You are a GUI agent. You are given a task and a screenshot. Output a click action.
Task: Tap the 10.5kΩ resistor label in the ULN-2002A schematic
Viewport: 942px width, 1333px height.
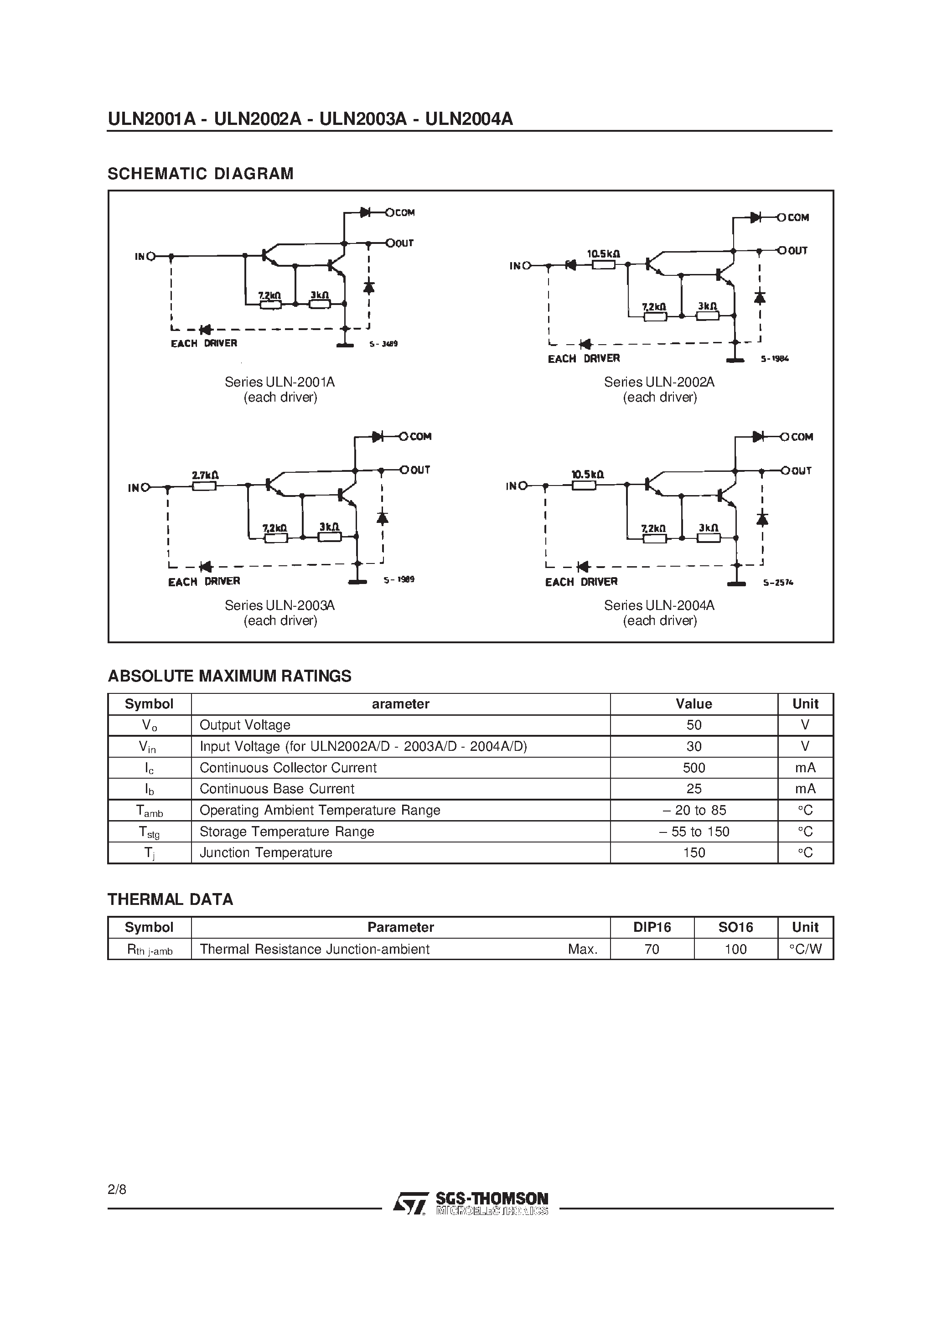click(603, 254)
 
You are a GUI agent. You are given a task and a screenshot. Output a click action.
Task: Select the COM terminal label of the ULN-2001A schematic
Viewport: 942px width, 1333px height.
click(405, 212)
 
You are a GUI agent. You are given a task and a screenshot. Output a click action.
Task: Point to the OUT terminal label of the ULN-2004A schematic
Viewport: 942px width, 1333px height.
click(802, 471)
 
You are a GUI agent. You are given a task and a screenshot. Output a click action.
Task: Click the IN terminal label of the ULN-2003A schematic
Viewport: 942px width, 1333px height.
click(134, 488)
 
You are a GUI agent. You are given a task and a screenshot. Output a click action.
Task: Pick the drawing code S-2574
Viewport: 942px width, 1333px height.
click(778, 582)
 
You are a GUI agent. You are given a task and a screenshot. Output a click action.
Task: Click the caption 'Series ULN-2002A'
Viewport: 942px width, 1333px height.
click(659, 382)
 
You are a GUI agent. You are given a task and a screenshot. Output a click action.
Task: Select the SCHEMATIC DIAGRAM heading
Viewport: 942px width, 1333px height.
click(200, 174)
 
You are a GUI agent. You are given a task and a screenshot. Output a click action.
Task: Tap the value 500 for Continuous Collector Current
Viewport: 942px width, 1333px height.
click(694, 768)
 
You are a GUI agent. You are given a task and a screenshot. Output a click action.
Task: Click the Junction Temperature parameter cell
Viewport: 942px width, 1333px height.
click(266, 852)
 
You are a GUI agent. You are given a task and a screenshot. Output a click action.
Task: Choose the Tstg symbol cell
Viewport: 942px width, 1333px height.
click(149, 832)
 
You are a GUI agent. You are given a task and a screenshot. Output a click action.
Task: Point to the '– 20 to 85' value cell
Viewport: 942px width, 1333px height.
click(694, 810)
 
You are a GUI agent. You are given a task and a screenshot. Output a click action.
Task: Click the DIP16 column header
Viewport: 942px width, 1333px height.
click(652, 927)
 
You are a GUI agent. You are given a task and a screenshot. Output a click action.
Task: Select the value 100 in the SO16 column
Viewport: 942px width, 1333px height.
click(735, 949)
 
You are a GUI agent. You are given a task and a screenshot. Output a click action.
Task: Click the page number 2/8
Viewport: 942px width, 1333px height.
click(117, 1189)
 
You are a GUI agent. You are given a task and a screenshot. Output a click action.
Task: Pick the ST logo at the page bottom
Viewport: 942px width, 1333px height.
click(410, 1204)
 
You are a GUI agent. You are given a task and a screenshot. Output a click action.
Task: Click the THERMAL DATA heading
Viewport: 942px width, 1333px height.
click(170, 899)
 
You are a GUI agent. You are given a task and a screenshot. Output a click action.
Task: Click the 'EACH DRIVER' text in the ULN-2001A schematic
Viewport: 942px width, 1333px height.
click(204, 344)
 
